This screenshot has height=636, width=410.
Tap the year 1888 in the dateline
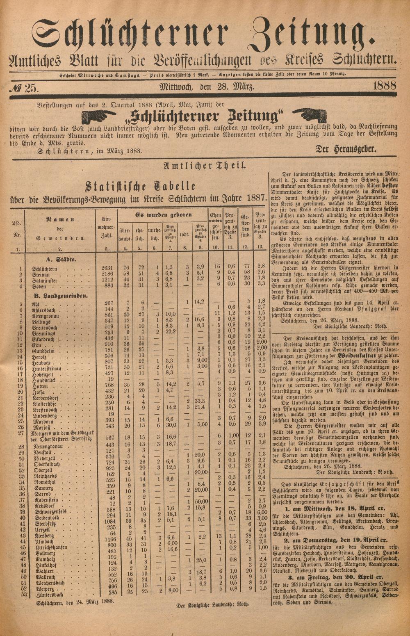[x=384, y=86]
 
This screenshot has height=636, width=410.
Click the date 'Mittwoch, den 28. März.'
[x=207, y=87]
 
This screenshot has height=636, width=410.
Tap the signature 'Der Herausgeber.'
[x=345, y=149]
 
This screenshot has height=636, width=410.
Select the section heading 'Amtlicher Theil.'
[x=205, y=166]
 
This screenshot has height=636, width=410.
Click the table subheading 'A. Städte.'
[x=62, y=259]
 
